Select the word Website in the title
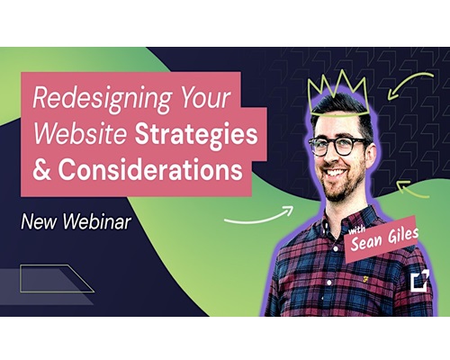point(80,133)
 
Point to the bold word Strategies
point(196,135)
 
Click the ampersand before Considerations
point(41,169)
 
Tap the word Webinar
point(97,221)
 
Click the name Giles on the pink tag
point(402,235)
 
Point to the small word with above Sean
point(356,230)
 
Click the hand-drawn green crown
point(338,93)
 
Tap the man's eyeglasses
point(339,146)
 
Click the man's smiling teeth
point(336,173)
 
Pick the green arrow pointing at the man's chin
point(413,189)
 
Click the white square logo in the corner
point(419,281)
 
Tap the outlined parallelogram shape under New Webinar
point(57,278)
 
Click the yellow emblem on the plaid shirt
point(364,280)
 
